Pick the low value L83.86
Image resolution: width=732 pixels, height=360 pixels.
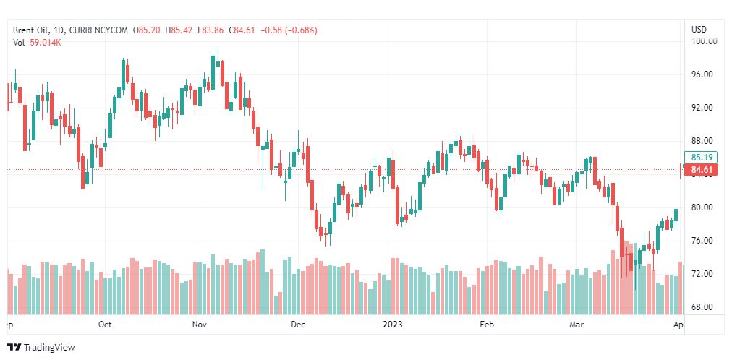[x=213, y=30]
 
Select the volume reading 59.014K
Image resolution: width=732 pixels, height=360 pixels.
[x=46, y=43]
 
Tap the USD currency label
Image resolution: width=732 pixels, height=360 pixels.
[x=699, y=30]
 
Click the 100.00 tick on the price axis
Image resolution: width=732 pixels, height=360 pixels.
[x=704, y=41]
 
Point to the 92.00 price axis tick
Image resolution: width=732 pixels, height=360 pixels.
[x=703, y=108]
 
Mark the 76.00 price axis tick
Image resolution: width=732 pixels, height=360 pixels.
[x=703, y=241]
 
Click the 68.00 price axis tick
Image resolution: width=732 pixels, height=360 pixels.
[x=703, y=307]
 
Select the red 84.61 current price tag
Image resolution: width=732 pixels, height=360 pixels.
[x=703, y=171]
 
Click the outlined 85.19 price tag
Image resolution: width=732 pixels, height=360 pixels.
[x=703, y=157]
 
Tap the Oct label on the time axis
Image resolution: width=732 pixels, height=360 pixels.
[x=105, y=325]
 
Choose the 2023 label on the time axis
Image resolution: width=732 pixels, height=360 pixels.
[x=391, y=325]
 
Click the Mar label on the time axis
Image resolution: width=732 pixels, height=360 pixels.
[x=576, y=325]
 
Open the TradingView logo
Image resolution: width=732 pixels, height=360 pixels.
[x=41, y=348]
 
